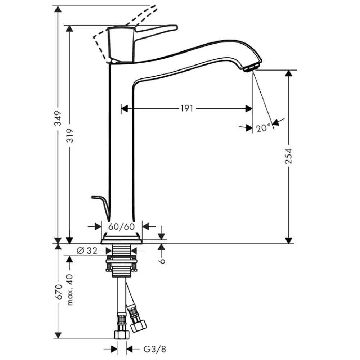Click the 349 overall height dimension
[x=58, y=118]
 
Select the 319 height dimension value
[x=70, y=135]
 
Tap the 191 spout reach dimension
[x=186, y=108]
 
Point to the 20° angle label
[x=264, y=128]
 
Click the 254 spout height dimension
[x=288, y=156]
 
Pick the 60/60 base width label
[x=121, y=227]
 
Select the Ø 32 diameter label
[x=87, y=251]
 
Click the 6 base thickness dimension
[x=162, y=261]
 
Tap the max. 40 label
[x=70, y=290]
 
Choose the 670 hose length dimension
[x=59, y=292]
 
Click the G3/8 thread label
[x=155, y=349]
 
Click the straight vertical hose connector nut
[x=122, y=335]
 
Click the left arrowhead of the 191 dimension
[x=125, y=108]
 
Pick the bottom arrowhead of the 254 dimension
[x=289, y=240]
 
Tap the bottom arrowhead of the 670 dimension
[x=58, y=335]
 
